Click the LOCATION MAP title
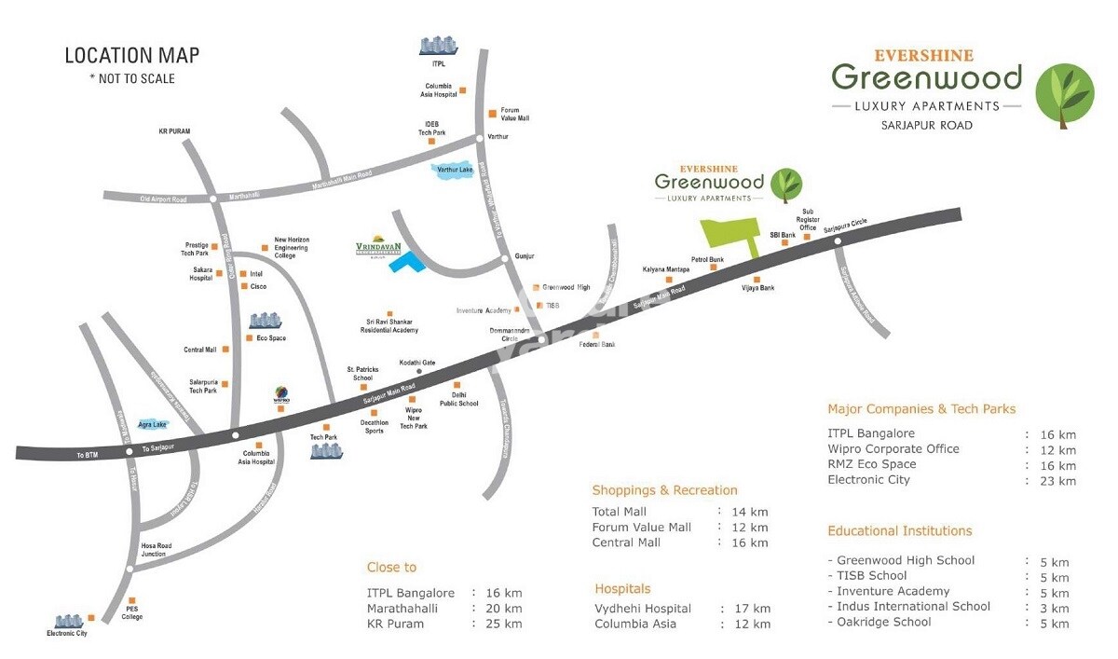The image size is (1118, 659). pyautogui.click(x=131, y=56)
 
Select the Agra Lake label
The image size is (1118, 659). pyautogui.click(x=152, y=424)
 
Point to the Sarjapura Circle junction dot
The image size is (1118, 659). pyautogui.click(x=838, y=242)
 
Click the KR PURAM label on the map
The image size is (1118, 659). pyautogui.click(x=174, y=131)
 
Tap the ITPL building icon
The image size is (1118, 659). pyautogui.click(x=437, y=46)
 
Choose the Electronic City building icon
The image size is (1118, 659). pyautogui.click(x=68, y=622)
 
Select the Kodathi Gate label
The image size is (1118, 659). pyautogui.click(x=417, y=362)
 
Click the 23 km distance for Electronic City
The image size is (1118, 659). pyautogui.click(x=1059, y=481)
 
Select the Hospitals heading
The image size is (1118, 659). pyautogui.click(x=622, y=589)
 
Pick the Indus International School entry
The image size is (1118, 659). pyautogui.click(x=909, y=607)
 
